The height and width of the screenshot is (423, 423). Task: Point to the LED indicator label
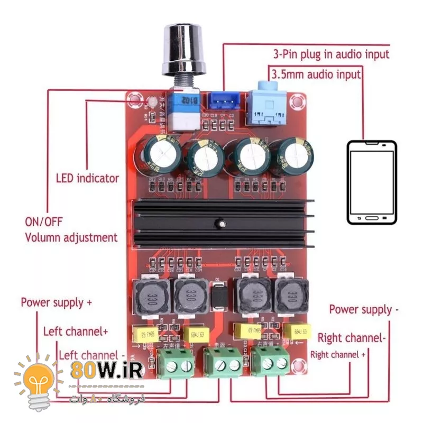[87, 178]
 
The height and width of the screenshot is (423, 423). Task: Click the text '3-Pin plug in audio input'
[331, 54]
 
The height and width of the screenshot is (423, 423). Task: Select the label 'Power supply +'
[56, 302]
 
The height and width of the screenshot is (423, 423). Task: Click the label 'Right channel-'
[352, 338]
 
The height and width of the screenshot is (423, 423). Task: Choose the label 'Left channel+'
[76, 332]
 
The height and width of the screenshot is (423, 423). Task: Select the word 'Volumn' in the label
[44, 237]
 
